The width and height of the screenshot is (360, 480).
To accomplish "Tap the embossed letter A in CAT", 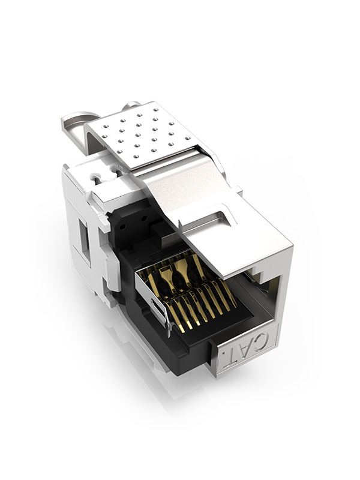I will point(252,347).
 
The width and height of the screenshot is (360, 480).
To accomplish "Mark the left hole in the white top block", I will point(95,178).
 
